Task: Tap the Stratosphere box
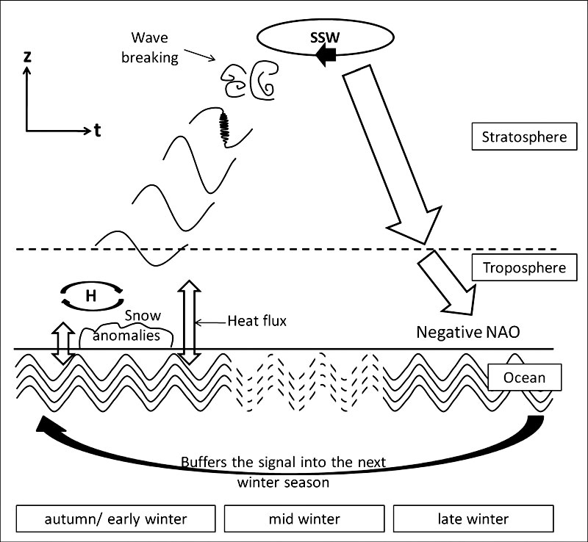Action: coord(524,137)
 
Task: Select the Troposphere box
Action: coord(524,267)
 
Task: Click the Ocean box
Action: coord(525,377)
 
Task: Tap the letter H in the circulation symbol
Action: coord(90,295)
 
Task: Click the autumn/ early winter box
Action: coord(115,519)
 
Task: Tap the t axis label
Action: coord(97,131)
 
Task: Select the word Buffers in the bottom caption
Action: coord(207,465)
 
